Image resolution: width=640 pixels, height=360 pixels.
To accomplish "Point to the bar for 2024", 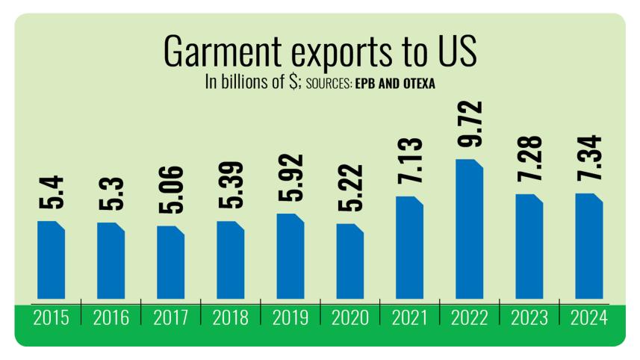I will tap(588, 246).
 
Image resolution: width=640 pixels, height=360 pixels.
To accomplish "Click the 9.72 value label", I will tap(470, 128).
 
